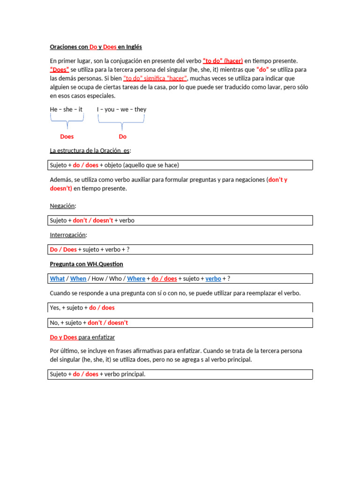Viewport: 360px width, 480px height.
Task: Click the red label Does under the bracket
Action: (67, 136)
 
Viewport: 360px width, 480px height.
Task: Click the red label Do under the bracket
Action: (122, 136)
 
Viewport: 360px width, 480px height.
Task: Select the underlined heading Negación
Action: (63, 206)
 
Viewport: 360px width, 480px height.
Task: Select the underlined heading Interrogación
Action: (68, 235)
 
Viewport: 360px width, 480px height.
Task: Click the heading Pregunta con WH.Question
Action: (86, 264)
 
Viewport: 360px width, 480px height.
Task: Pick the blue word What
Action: (57, 278)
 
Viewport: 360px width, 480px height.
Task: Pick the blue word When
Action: (78, 278)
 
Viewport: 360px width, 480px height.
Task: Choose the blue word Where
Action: (136, 278)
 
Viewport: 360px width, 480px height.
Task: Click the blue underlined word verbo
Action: (213, 278)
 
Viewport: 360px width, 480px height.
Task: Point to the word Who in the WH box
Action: (115, 278)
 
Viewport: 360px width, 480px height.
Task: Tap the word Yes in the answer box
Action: (54, 307)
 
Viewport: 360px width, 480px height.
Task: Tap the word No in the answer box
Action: (54, 322)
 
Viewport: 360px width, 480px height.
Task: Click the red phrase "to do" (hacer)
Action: (223, 61)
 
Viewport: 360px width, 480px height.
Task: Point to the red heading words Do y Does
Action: (63, 337)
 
